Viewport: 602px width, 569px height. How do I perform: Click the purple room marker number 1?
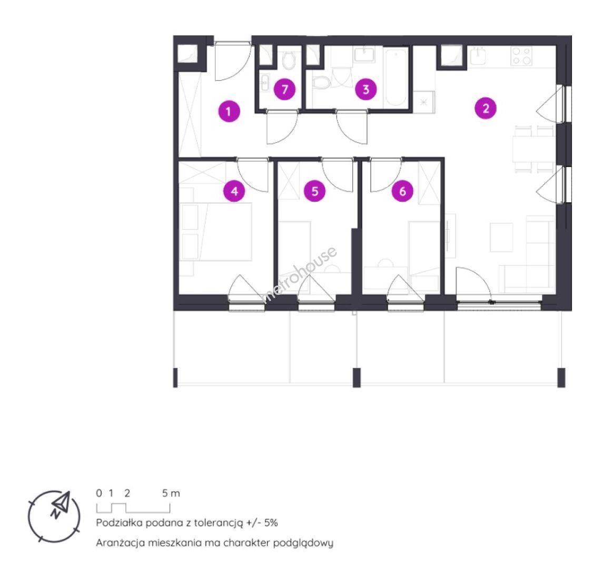(229, 112)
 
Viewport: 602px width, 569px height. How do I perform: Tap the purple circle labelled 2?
(486, 109)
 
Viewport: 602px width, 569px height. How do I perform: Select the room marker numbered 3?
(366, 90)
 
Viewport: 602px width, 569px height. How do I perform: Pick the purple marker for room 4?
(234, 191)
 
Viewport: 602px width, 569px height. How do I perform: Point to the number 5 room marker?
(315, 191)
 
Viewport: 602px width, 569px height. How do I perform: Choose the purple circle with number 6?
(402, 191)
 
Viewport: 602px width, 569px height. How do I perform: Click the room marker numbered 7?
(284, 90)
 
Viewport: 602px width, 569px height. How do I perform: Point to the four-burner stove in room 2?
(521, 56)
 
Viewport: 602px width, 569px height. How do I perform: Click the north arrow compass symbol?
(54, 516)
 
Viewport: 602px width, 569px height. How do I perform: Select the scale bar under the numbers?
(133, 508)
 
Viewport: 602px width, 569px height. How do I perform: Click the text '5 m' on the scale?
(171, 493)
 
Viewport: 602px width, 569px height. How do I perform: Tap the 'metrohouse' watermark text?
(300, 274)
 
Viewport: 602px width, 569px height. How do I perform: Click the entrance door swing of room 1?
(230, 62)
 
